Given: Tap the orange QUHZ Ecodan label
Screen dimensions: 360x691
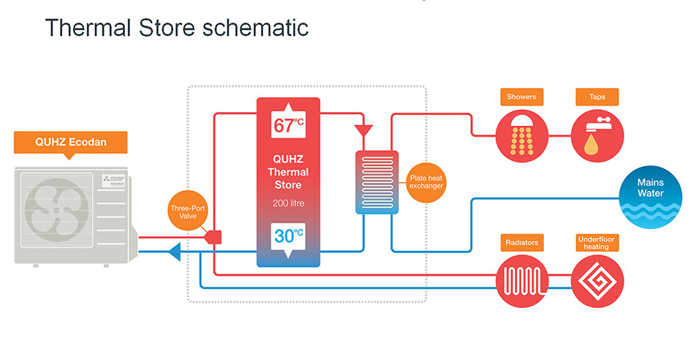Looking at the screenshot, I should coord(71,142).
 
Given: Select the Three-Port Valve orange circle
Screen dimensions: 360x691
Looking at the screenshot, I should coord(187,212).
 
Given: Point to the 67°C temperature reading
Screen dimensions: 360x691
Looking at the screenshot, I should coord(288,125).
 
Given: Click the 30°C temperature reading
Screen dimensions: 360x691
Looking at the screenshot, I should coord(288,236).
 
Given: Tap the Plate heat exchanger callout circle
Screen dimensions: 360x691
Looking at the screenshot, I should coord(426,181).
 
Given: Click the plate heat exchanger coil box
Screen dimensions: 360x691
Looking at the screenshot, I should coord(377,182).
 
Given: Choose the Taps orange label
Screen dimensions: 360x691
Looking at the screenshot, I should coord(597,97).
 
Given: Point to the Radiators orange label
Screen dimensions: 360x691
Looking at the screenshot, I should coord(521,242).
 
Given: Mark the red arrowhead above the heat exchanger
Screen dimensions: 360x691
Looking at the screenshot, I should coord(363,131).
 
